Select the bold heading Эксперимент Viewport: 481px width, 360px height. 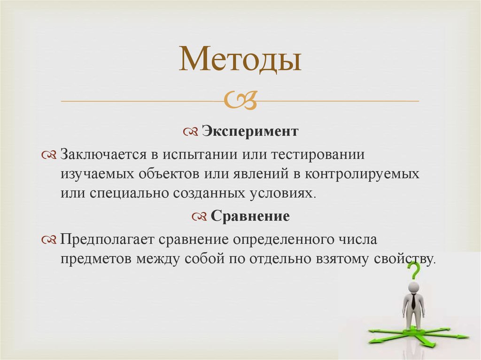(250, 131)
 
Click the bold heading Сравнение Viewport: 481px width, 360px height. (250, 216)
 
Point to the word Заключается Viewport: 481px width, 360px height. (103, 154)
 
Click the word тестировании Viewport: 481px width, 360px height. (318, 154)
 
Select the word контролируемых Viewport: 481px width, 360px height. (363, 174)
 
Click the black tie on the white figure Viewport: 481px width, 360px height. (413, 300)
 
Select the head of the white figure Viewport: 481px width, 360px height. (413, 287)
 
